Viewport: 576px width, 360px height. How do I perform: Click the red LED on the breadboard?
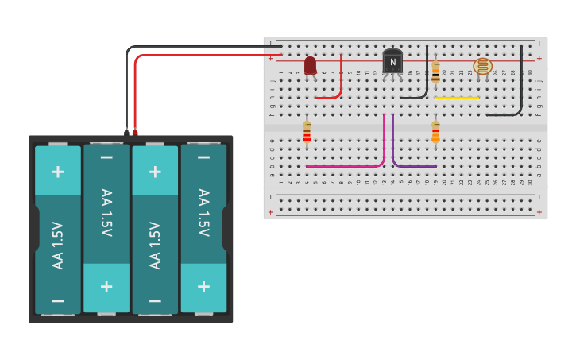310,66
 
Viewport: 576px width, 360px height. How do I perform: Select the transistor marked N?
392,61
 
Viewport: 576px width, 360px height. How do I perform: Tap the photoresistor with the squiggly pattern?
482,66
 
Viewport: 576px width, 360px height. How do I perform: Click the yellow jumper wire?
457,98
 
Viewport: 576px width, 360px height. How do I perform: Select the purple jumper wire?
413,166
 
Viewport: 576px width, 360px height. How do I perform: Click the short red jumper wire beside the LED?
340,83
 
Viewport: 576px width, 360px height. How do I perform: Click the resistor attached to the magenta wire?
307,132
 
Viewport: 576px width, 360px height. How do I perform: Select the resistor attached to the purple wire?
435,131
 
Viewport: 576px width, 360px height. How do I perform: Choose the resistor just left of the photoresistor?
435,72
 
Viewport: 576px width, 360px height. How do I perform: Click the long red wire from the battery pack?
199,56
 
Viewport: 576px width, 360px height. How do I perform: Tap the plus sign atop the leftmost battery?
58,172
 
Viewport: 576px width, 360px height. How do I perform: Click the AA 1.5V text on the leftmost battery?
58,245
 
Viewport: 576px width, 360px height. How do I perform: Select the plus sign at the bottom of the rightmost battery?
203,286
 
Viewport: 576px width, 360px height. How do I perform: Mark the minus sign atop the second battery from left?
106,157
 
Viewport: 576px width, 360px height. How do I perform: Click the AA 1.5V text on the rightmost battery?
203,212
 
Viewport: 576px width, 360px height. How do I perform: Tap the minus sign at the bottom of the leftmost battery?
58,300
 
